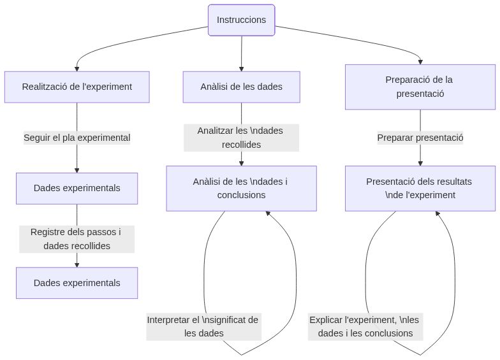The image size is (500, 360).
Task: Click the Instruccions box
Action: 241,20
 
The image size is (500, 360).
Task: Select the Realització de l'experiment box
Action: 77,87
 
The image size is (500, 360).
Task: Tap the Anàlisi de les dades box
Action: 241,87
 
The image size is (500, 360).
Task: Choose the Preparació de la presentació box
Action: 420,87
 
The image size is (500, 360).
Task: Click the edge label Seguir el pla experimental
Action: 77,138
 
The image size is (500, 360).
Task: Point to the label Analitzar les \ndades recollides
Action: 241,138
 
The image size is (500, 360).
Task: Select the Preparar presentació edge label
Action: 420,138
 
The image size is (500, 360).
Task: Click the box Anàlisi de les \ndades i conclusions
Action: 241,188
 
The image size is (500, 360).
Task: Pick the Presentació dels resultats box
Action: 420,188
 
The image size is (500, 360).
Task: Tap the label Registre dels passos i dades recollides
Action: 77,238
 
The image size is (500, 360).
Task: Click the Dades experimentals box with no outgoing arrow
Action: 77,283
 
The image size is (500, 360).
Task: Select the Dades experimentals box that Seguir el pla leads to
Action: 77,188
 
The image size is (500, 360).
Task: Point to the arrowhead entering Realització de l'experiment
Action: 77,68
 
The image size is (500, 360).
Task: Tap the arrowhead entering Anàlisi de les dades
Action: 241,68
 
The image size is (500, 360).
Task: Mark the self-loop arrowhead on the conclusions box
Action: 268,215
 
